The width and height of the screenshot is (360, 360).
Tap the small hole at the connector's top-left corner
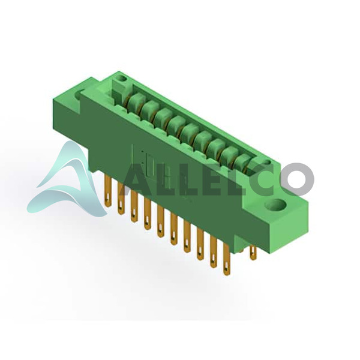click(121, 79)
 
